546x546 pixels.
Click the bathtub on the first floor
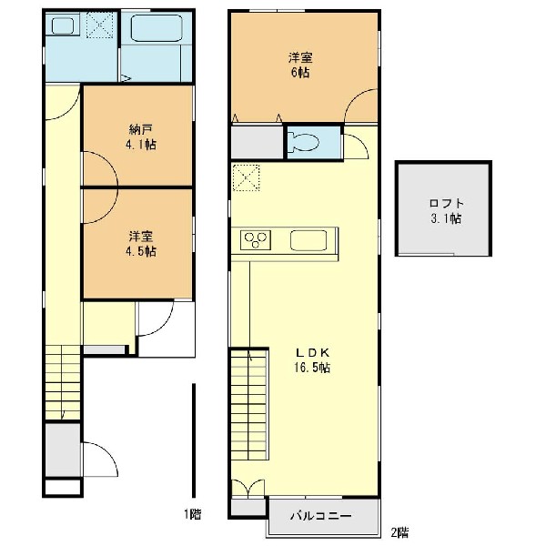pyautogui.click(x=157, y=28)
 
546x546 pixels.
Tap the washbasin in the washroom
pyautogui.click(x=63, y=25)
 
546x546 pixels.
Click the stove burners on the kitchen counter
pyautogui.click(x=256, y=240)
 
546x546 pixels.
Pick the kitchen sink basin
pyautogui.click(x=308, y=240)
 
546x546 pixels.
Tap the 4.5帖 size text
pyautogui.click(x=141, y=251)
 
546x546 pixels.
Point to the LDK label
pyautogui.click(x=312, y=353)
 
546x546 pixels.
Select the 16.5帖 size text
pyautogui.click(x=312, y=368)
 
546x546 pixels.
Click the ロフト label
pyautogui.click(x=447, y=203)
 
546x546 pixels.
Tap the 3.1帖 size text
pyautogui.click(x=447, y=218)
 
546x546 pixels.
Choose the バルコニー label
pyautogui.click(x=320, y=516)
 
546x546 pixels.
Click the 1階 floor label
pyautogui.click(x=193, y=514)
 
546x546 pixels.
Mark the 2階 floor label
pyautogui.click(x=399, y=532)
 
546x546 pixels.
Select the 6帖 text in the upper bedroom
pyautogui.click(x=300, y=73)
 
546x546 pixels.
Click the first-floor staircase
pyautogui.click(x=63, y=382)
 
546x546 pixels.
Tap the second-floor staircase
pyautogui.click(x=249, y=405)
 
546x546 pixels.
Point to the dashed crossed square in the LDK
pyautogui.click(x=247, y=177)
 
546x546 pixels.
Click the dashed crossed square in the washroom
pyautogui.click(x=100, y=25)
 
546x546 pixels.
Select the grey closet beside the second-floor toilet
pyautogui.click(x=257, y=142)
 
